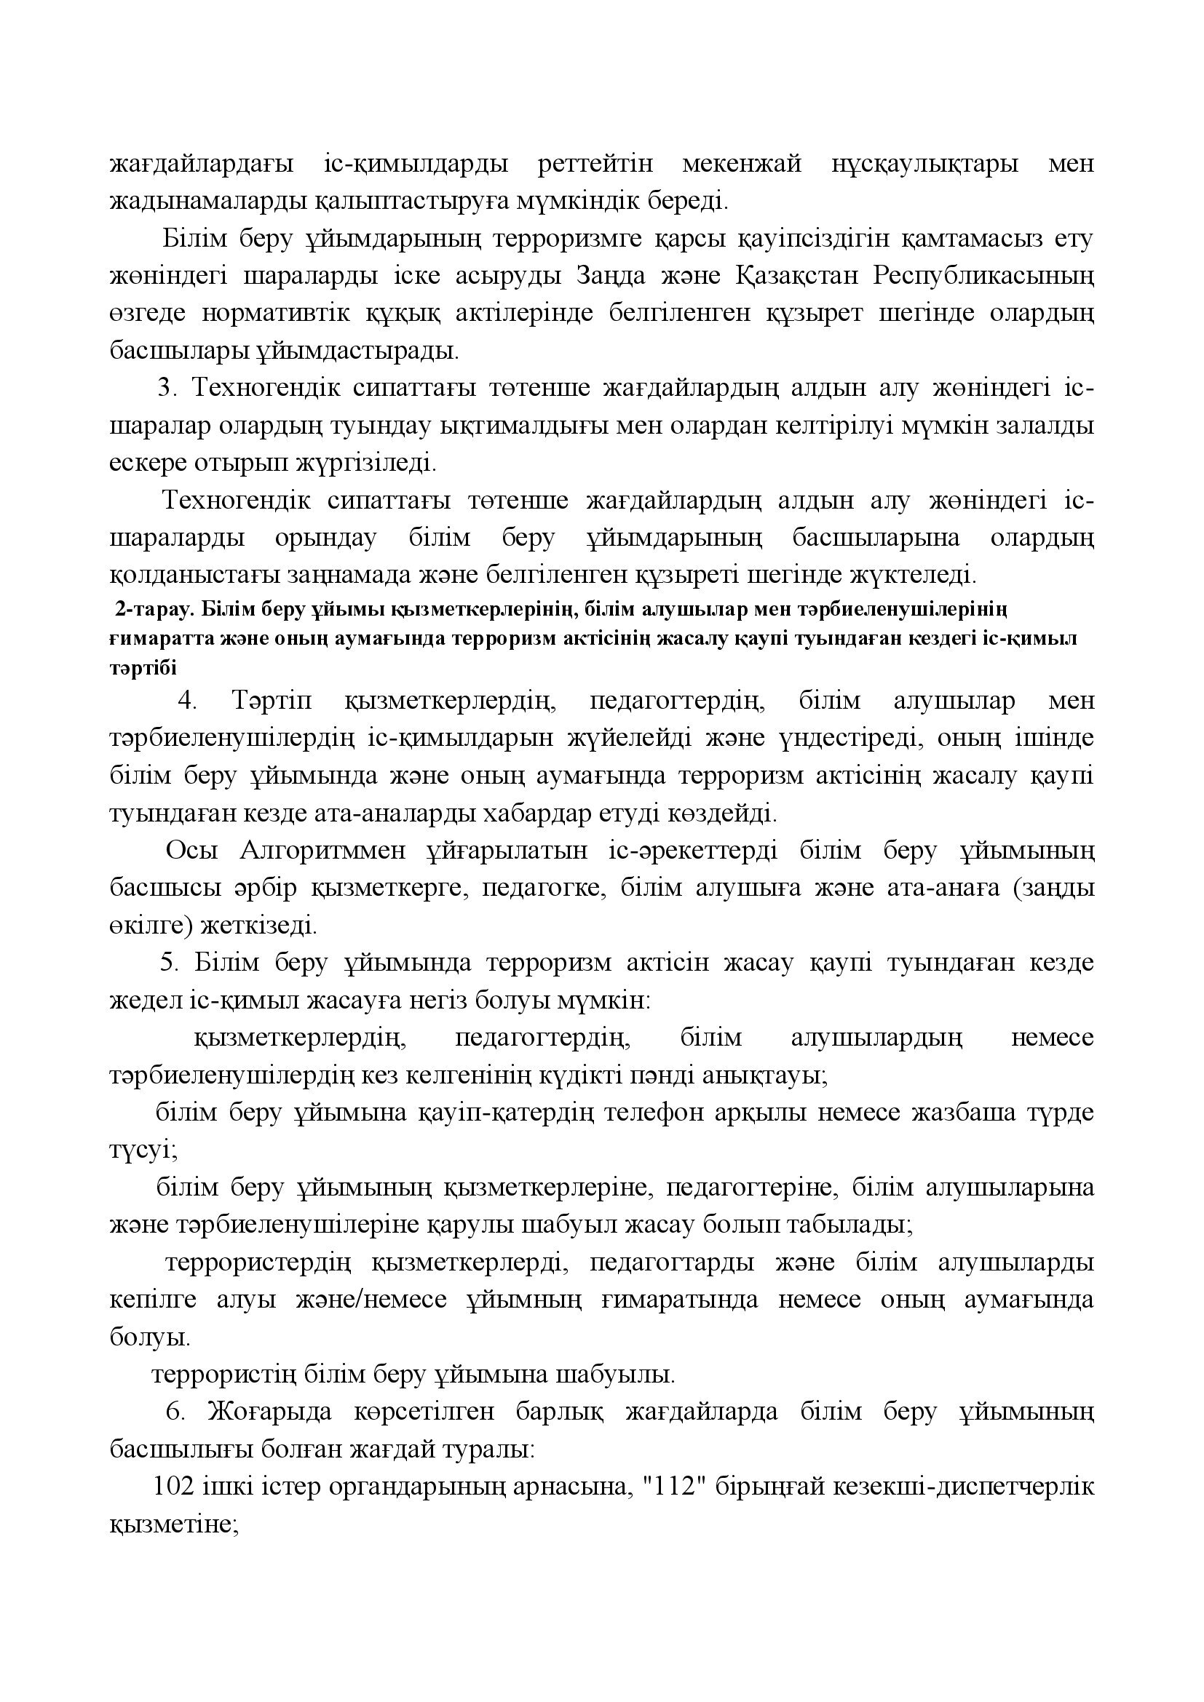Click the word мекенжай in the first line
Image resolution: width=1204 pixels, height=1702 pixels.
point(741,164)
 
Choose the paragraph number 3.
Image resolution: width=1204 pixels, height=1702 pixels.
point(164,388)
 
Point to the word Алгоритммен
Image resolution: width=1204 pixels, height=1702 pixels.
point(323,850)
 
